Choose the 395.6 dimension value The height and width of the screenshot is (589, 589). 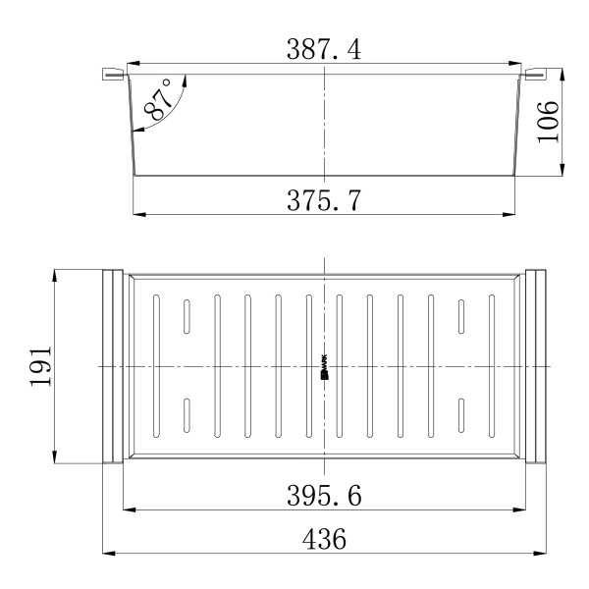coord(324,497)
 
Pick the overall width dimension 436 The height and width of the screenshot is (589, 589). coord(324,540)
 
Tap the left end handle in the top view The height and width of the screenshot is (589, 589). coord(112,366)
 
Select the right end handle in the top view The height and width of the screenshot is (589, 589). coord(536,366)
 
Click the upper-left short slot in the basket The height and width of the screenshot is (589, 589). coord(185,316)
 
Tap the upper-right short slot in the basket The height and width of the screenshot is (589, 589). coord(459,316)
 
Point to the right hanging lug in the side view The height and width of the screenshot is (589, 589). coord(536,75)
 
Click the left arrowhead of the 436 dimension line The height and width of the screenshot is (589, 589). coord(108,554)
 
